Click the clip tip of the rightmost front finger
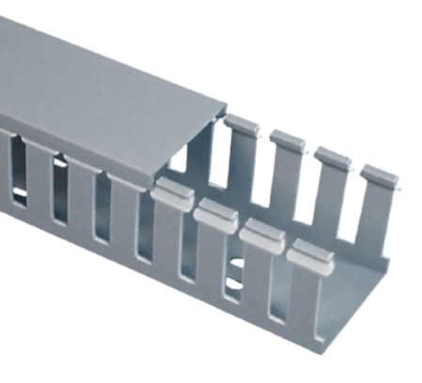click(x=305, y=252)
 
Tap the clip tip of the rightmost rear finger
click(x=378, y=176)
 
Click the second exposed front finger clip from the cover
click(x=215, y=211)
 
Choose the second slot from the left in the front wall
click(x=60, y=188)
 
